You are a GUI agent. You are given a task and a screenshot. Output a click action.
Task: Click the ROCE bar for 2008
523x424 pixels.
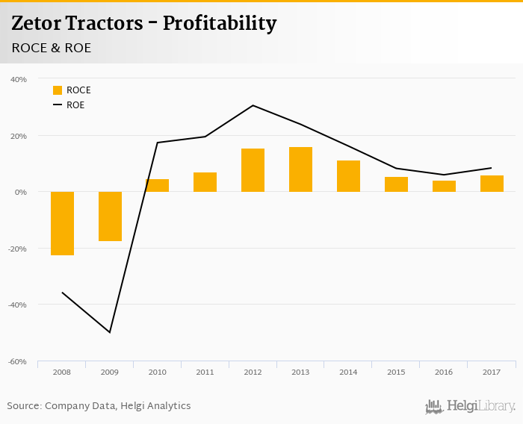[x=62, y=223]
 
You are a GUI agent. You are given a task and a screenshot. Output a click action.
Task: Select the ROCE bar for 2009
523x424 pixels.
[x=110, y=216]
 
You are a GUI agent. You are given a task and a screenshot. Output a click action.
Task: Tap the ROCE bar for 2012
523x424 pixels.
[x=253, y=170]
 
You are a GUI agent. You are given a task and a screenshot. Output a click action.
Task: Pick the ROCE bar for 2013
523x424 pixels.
[x=301, y=169]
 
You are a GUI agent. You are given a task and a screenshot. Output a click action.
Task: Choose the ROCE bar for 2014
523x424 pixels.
[x=349, y=176]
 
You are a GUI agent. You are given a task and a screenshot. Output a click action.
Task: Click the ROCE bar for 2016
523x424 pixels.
[x=444, y=186]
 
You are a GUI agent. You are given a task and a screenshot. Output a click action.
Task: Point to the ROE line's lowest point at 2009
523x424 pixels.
[x=110, y=332]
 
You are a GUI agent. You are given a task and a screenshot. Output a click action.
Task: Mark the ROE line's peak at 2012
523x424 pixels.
[x=253, y=105]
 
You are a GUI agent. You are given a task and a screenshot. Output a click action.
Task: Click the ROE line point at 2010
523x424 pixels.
[x=158, y=143]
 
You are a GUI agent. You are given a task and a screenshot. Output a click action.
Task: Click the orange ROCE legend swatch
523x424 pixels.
[x=58, y=90]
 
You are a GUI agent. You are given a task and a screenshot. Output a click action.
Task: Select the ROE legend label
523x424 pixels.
[x=75, y=105]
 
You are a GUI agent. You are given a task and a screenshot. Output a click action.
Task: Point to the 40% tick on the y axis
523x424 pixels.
[x=19, y=79]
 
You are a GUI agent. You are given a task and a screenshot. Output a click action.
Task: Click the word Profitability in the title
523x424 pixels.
[x=220, y=23]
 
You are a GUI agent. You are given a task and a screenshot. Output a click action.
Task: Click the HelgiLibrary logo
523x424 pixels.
[x=470, y=406]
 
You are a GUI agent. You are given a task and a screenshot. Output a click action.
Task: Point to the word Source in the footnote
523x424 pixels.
[x=24, y=405]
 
